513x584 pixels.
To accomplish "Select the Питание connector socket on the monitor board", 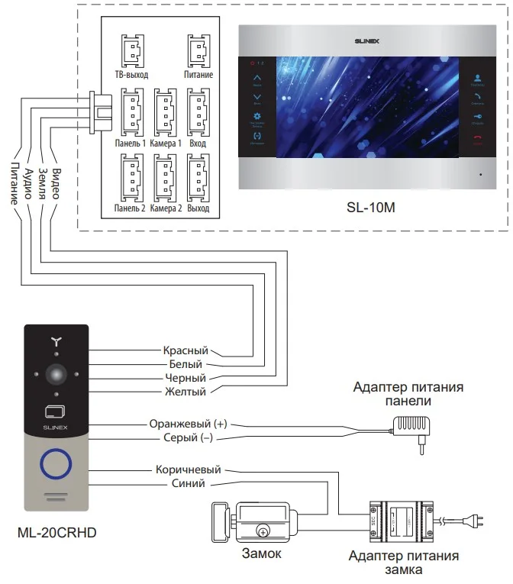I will (x=198, y=52).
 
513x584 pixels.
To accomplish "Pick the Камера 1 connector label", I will (x=166, y=143).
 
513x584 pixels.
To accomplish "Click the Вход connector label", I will (x=198, y=143).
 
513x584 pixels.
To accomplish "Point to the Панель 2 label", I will (x=130, y=208).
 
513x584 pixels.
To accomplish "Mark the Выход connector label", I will (x=198, y=208).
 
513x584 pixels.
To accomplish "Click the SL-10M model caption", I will (x=369, y=207).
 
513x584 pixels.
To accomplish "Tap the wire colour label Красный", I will (x=185, y=350).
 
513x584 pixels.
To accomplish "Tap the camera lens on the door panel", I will (x=56, y=375).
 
